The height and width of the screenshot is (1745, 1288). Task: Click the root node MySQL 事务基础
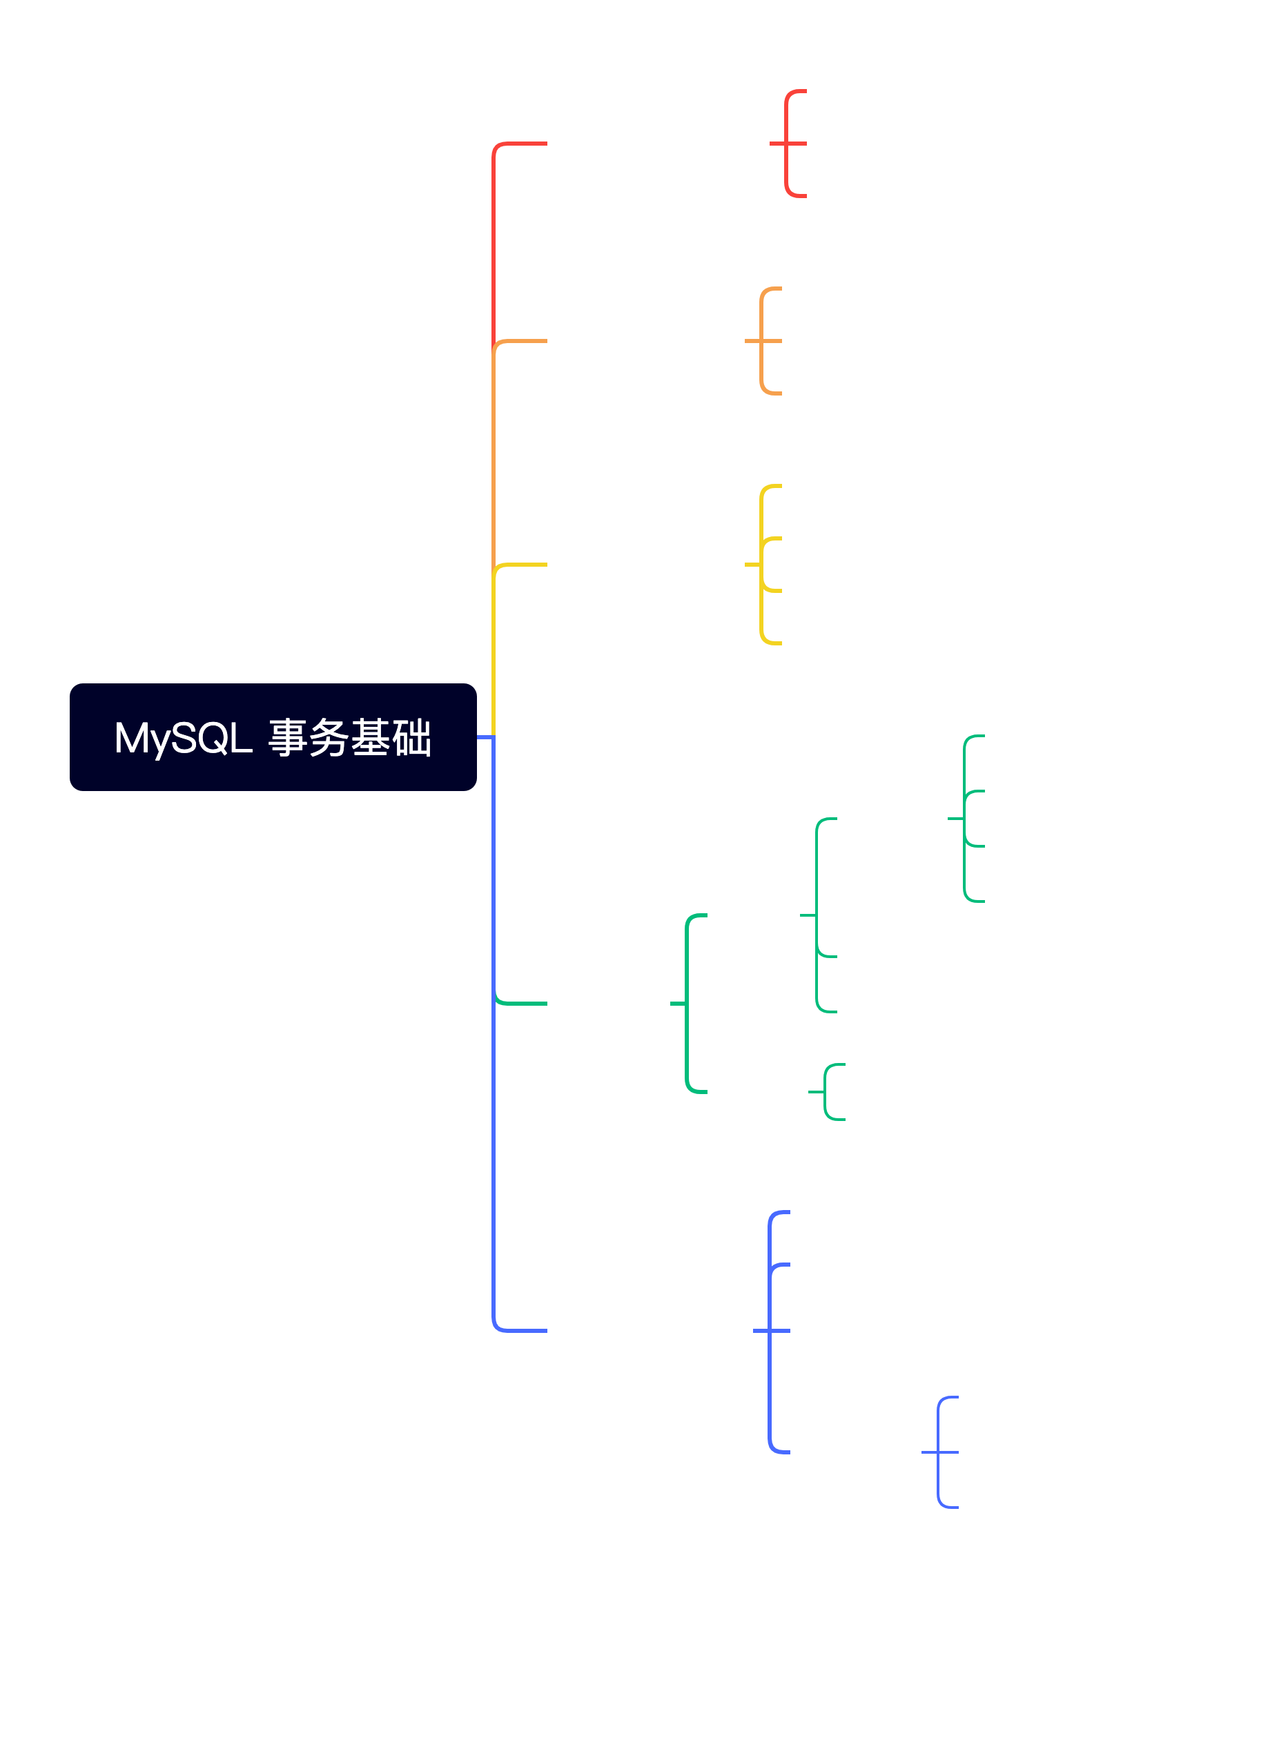[273, 738]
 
